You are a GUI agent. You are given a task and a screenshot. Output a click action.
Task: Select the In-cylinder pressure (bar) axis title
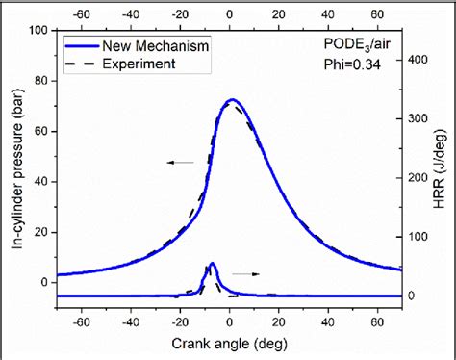click(x=19, y=167)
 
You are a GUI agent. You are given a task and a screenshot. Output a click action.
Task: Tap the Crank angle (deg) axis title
click(x=228, y=343)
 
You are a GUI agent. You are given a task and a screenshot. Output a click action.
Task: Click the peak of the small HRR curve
click(x=212, y=264)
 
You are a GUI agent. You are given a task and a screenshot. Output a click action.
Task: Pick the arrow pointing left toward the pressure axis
click(x=179, y=163)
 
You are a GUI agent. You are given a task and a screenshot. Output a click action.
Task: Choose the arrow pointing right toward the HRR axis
click(x=248, y=273)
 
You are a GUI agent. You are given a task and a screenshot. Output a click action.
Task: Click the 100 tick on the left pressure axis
click(x=39, y=31)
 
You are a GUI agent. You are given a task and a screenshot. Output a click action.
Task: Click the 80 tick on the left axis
click(x=42, y=81)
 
